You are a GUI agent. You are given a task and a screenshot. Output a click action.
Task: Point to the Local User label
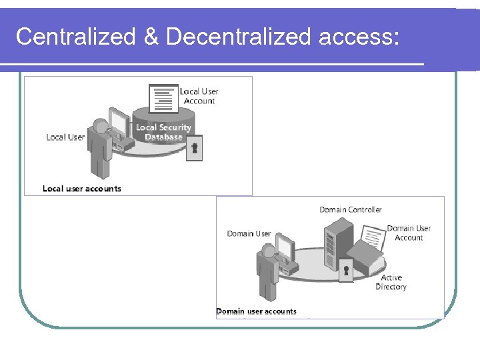65,137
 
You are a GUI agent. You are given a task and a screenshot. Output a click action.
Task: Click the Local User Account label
199,96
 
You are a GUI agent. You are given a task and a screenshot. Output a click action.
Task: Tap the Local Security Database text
163,132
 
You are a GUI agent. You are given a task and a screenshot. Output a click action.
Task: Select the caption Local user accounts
82,189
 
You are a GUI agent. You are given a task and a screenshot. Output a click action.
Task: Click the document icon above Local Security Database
163,99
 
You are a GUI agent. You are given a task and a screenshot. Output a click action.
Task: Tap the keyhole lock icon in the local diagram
195,148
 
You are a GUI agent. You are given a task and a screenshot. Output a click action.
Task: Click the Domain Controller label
351,209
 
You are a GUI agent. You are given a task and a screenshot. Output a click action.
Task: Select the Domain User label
249,233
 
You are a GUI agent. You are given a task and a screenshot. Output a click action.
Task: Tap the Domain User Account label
409,233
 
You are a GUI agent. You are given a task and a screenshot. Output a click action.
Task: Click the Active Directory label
391,282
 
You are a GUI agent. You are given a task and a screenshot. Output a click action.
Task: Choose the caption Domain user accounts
257,311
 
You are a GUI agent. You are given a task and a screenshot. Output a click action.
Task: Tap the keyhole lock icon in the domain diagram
346,271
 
